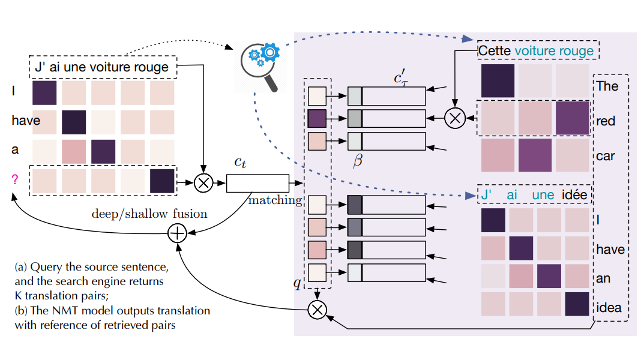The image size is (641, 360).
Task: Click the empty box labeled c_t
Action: (x=257, y=183)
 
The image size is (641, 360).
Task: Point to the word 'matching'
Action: (x=275, y=200)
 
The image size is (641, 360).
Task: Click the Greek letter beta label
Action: (x=358, y=161)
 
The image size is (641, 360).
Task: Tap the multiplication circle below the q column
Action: (x=316, y=309)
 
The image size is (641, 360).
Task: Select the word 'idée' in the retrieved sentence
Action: (x=574, y=194)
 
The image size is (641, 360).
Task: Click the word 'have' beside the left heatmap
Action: (x=26, y=121)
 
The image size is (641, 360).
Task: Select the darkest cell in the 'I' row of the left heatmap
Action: (x=44, y=92)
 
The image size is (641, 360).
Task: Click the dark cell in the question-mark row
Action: (x=161, y=181)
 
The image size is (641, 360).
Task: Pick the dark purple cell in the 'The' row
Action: (x=498, y=81)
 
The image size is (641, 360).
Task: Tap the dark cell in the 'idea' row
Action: (x=576, y=304)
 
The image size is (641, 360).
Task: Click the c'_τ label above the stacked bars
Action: (x=399, y=79)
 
